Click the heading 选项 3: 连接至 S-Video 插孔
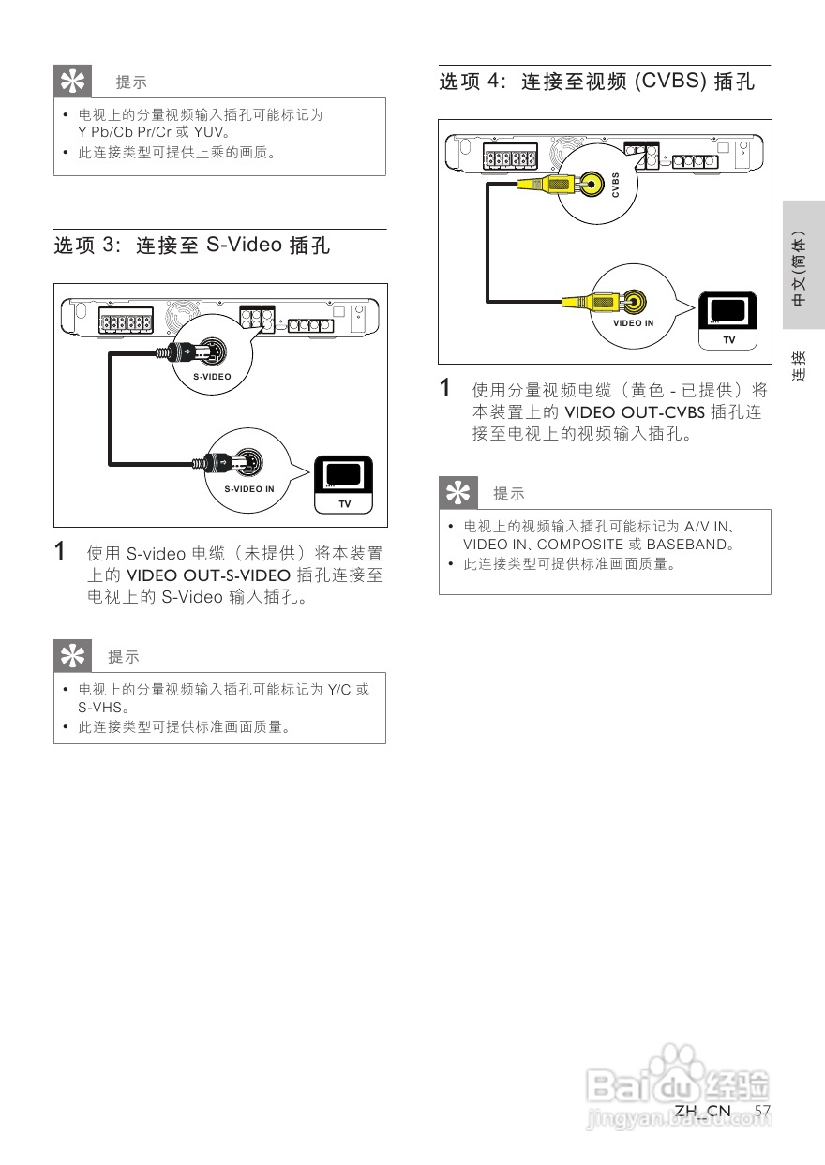[192, 246]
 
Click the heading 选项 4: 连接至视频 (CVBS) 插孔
[597, 82]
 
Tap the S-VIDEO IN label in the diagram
[249, 489]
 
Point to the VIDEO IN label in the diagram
[634, 323]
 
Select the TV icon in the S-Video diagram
[343, 484]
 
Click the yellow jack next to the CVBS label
[592, 184]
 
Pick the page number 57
[762, 1112]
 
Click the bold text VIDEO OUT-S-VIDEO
[210, 575]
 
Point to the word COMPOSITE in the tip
[580, 545]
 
